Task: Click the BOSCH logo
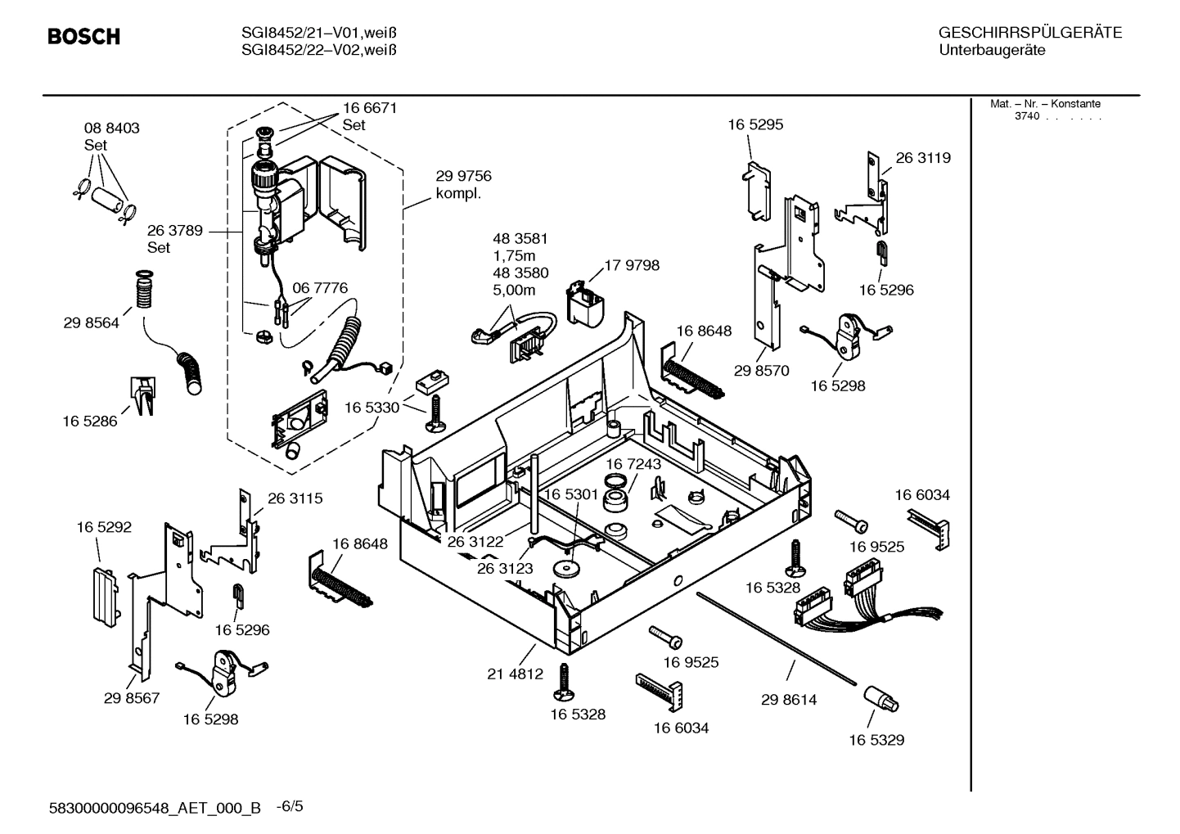tap(83, 37)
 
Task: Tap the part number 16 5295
tap(754, 124)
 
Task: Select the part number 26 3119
tap(922, 158)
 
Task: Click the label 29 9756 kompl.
tap(463, 185)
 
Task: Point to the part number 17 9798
tap(631, 265)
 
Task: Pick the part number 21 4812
tap(515, 674)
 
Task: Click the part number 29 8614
tap(788, 700)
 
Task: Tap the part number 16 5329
tap(876, 740)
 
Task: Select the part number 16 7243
tap(633, 464)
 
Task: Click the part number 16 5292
tap(104, 528)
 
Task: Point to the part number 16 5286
tap(89, 422)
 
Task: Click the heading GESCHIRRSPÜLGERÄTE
tap(1029, 34)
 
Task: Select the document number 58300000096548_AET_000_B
tap(155, 808)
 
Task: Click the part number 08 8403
tap(111, 128)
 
